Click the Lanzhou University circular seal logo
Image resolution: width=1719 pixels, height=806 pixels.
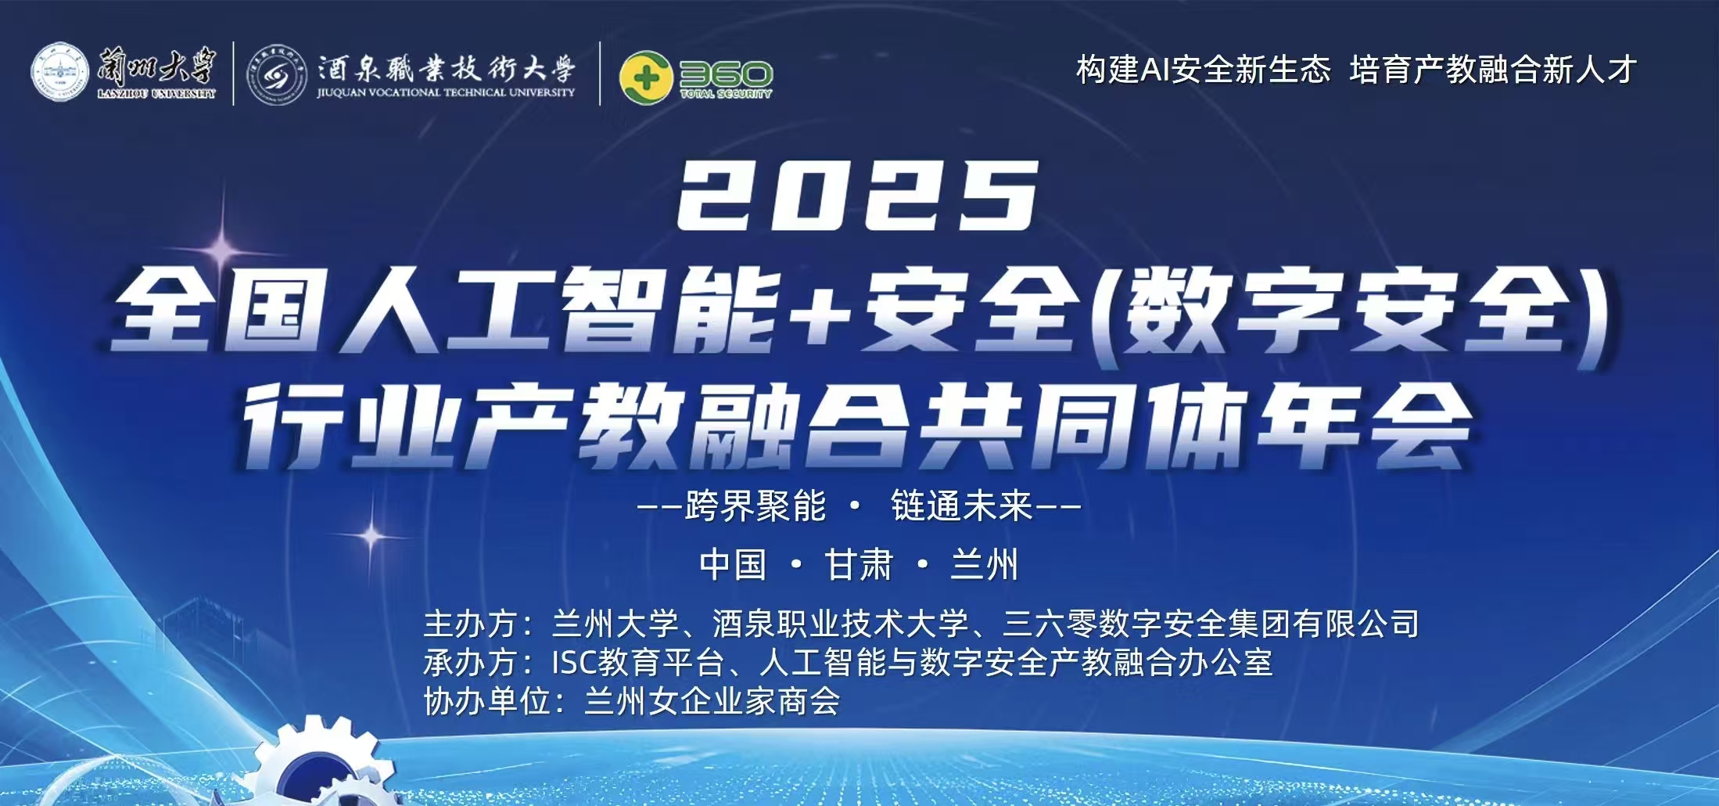tap(61, 72)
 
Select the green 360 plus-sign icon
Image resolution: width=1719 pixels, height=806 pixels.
tap(646, 77)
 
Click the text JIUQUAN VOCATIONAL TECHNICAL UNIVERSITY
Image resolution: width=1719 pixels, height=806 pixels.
tap(446, 92)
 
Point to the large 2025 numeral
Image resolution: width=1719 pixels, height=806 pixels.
tap(858, 195)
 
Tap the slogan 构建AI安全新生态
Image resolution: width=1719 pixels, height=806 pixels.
tap(1204, 70)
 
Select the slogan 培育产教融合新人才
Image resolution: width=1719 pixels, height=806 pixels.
tap(1493, 70)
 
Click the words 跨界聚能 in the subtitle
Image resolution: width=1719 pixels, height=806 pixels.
tap(755, 506)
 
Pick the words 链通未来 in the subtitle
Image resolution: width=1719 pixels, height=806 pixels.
tap(962, 506)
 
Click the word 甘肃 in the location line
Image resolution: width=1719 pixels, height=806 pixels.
tap(859, 564)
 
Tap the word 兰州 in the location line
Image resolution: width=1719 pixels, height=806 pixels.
tap(985, 564)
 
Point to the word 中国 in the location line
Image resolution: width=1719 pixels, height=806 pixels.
tap(733, 564)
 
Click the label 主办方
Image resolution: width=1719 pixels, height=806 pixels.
tap(470, 624)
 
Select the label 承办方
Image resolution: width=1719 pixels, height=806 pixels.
tap(470, 663)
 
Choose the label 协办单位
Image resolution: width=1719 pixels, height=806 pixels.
tap(486, 701)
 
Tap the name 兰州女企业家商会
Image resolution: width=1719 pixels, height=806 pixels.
tap(712, 701)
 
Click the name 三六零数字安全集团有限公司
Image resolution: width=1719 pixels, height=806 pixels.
tap(1211, 624)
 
